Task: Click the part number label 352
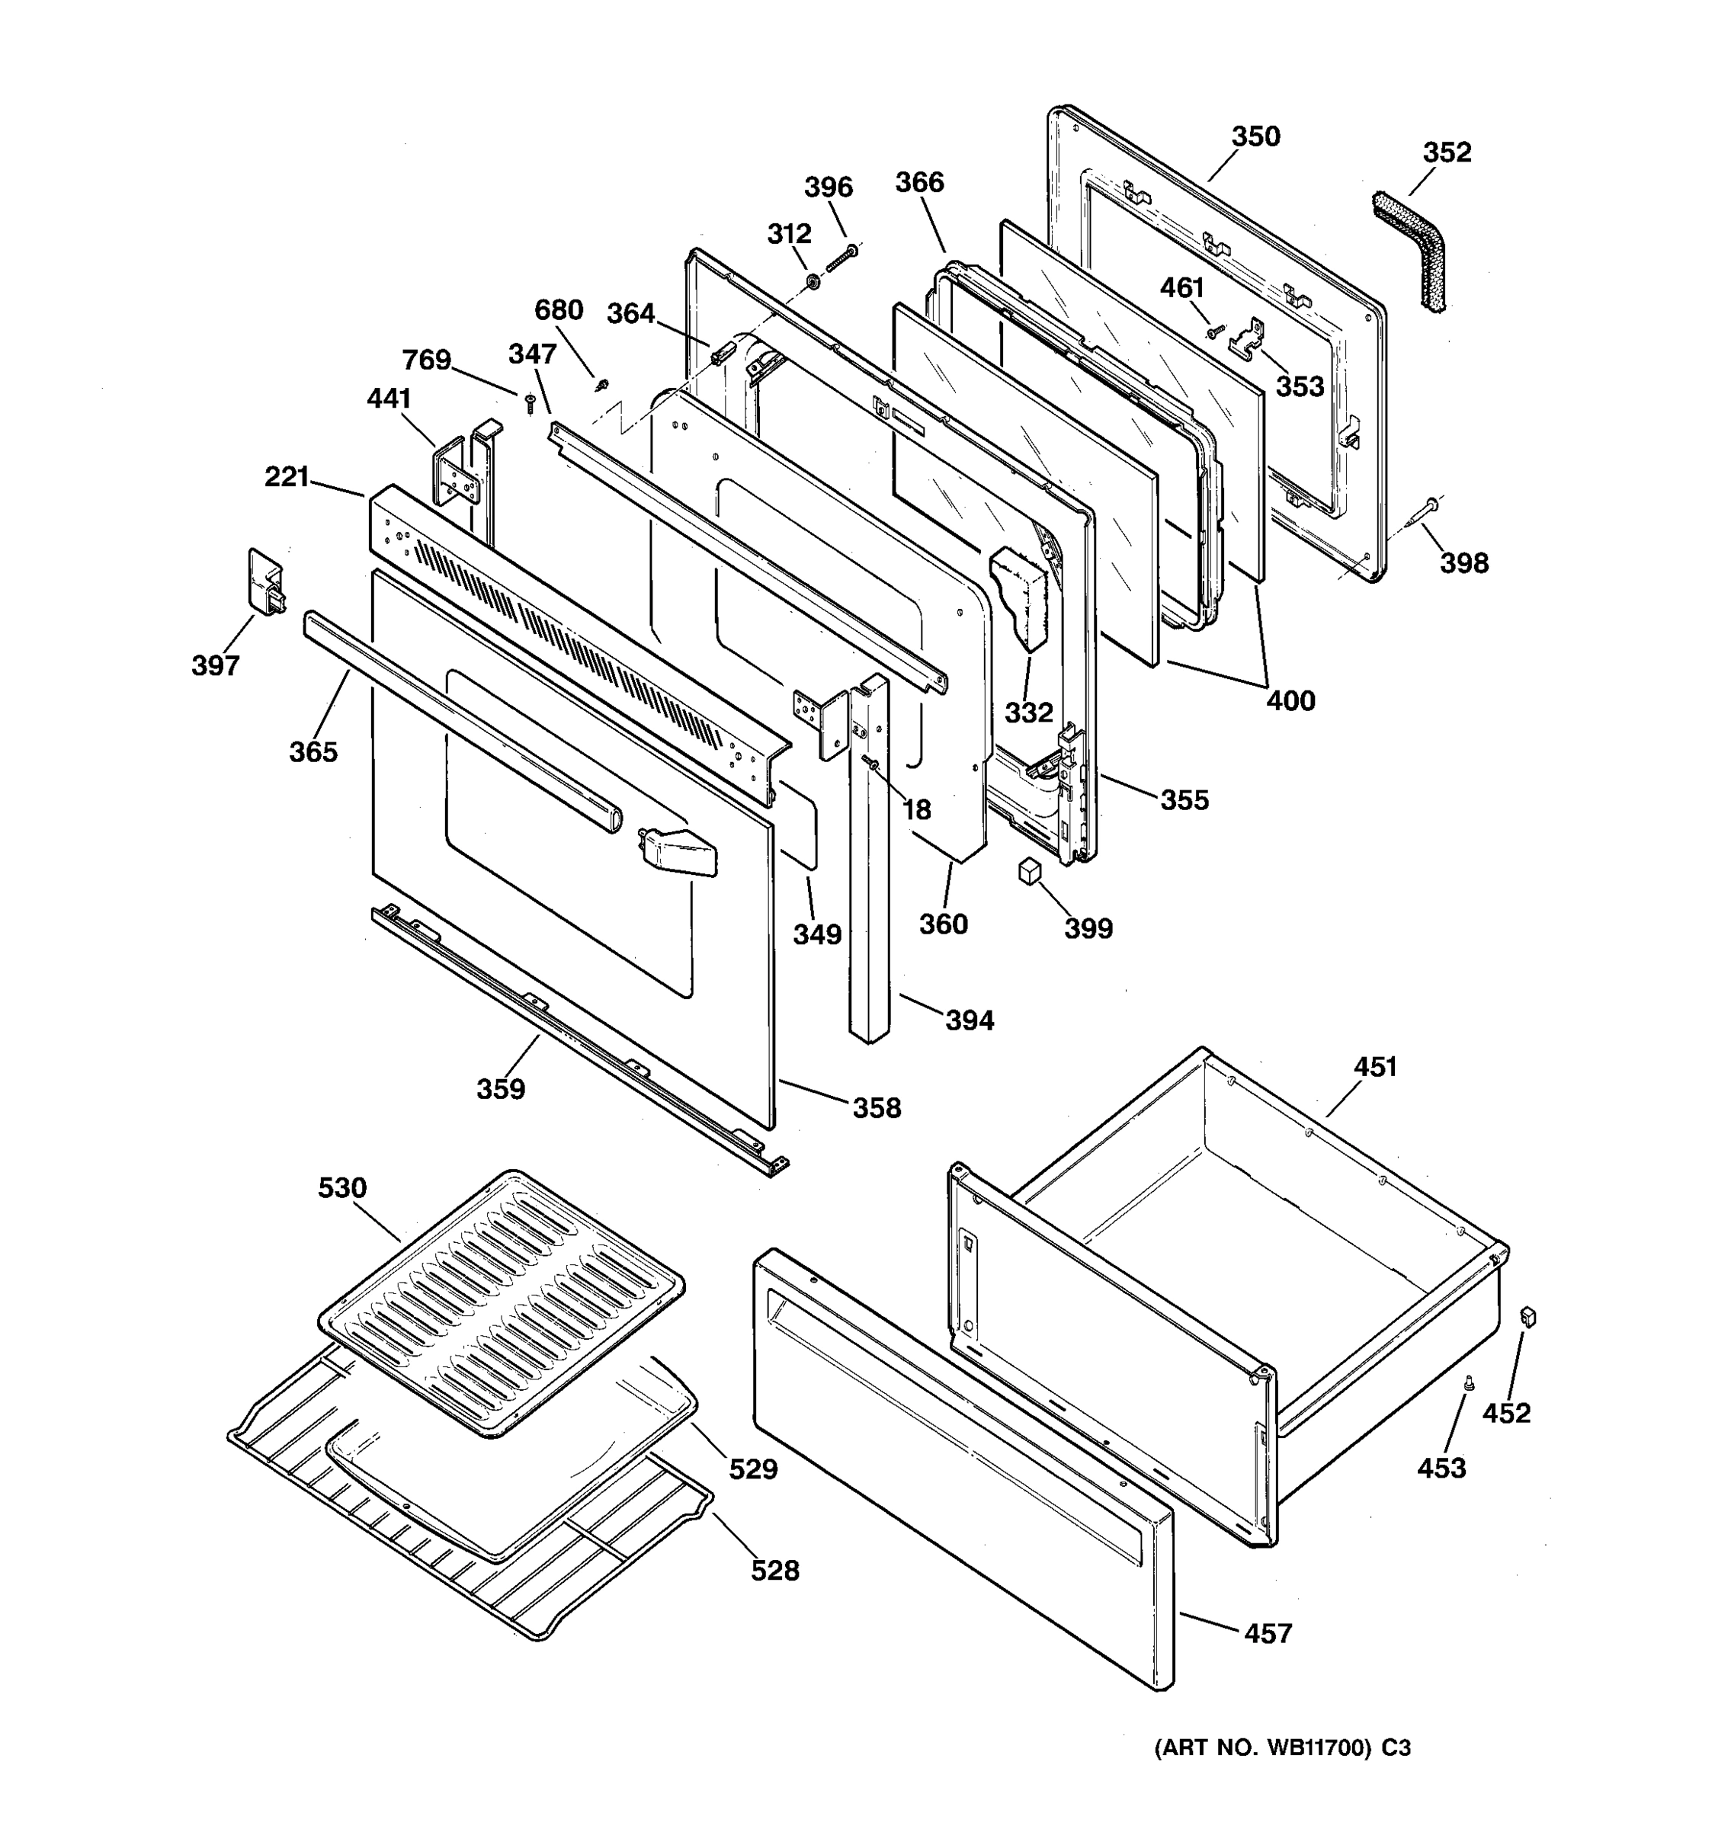(x=1447, y=152)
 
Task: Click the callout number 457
(x=1268, y=1633)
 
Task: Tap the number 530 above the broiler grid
(x=342, y=1188)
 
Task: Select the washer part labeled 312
(x=813, y=280)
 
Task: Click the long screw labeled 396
(x=841, y=258)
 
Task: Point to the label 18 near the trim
(x=916, y=809)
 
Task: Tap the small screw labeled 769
(x=530, y=402)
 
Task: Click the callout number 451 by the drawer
(x=1374, y=1067)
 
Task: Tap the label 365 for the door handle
(x=313, y=751)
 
